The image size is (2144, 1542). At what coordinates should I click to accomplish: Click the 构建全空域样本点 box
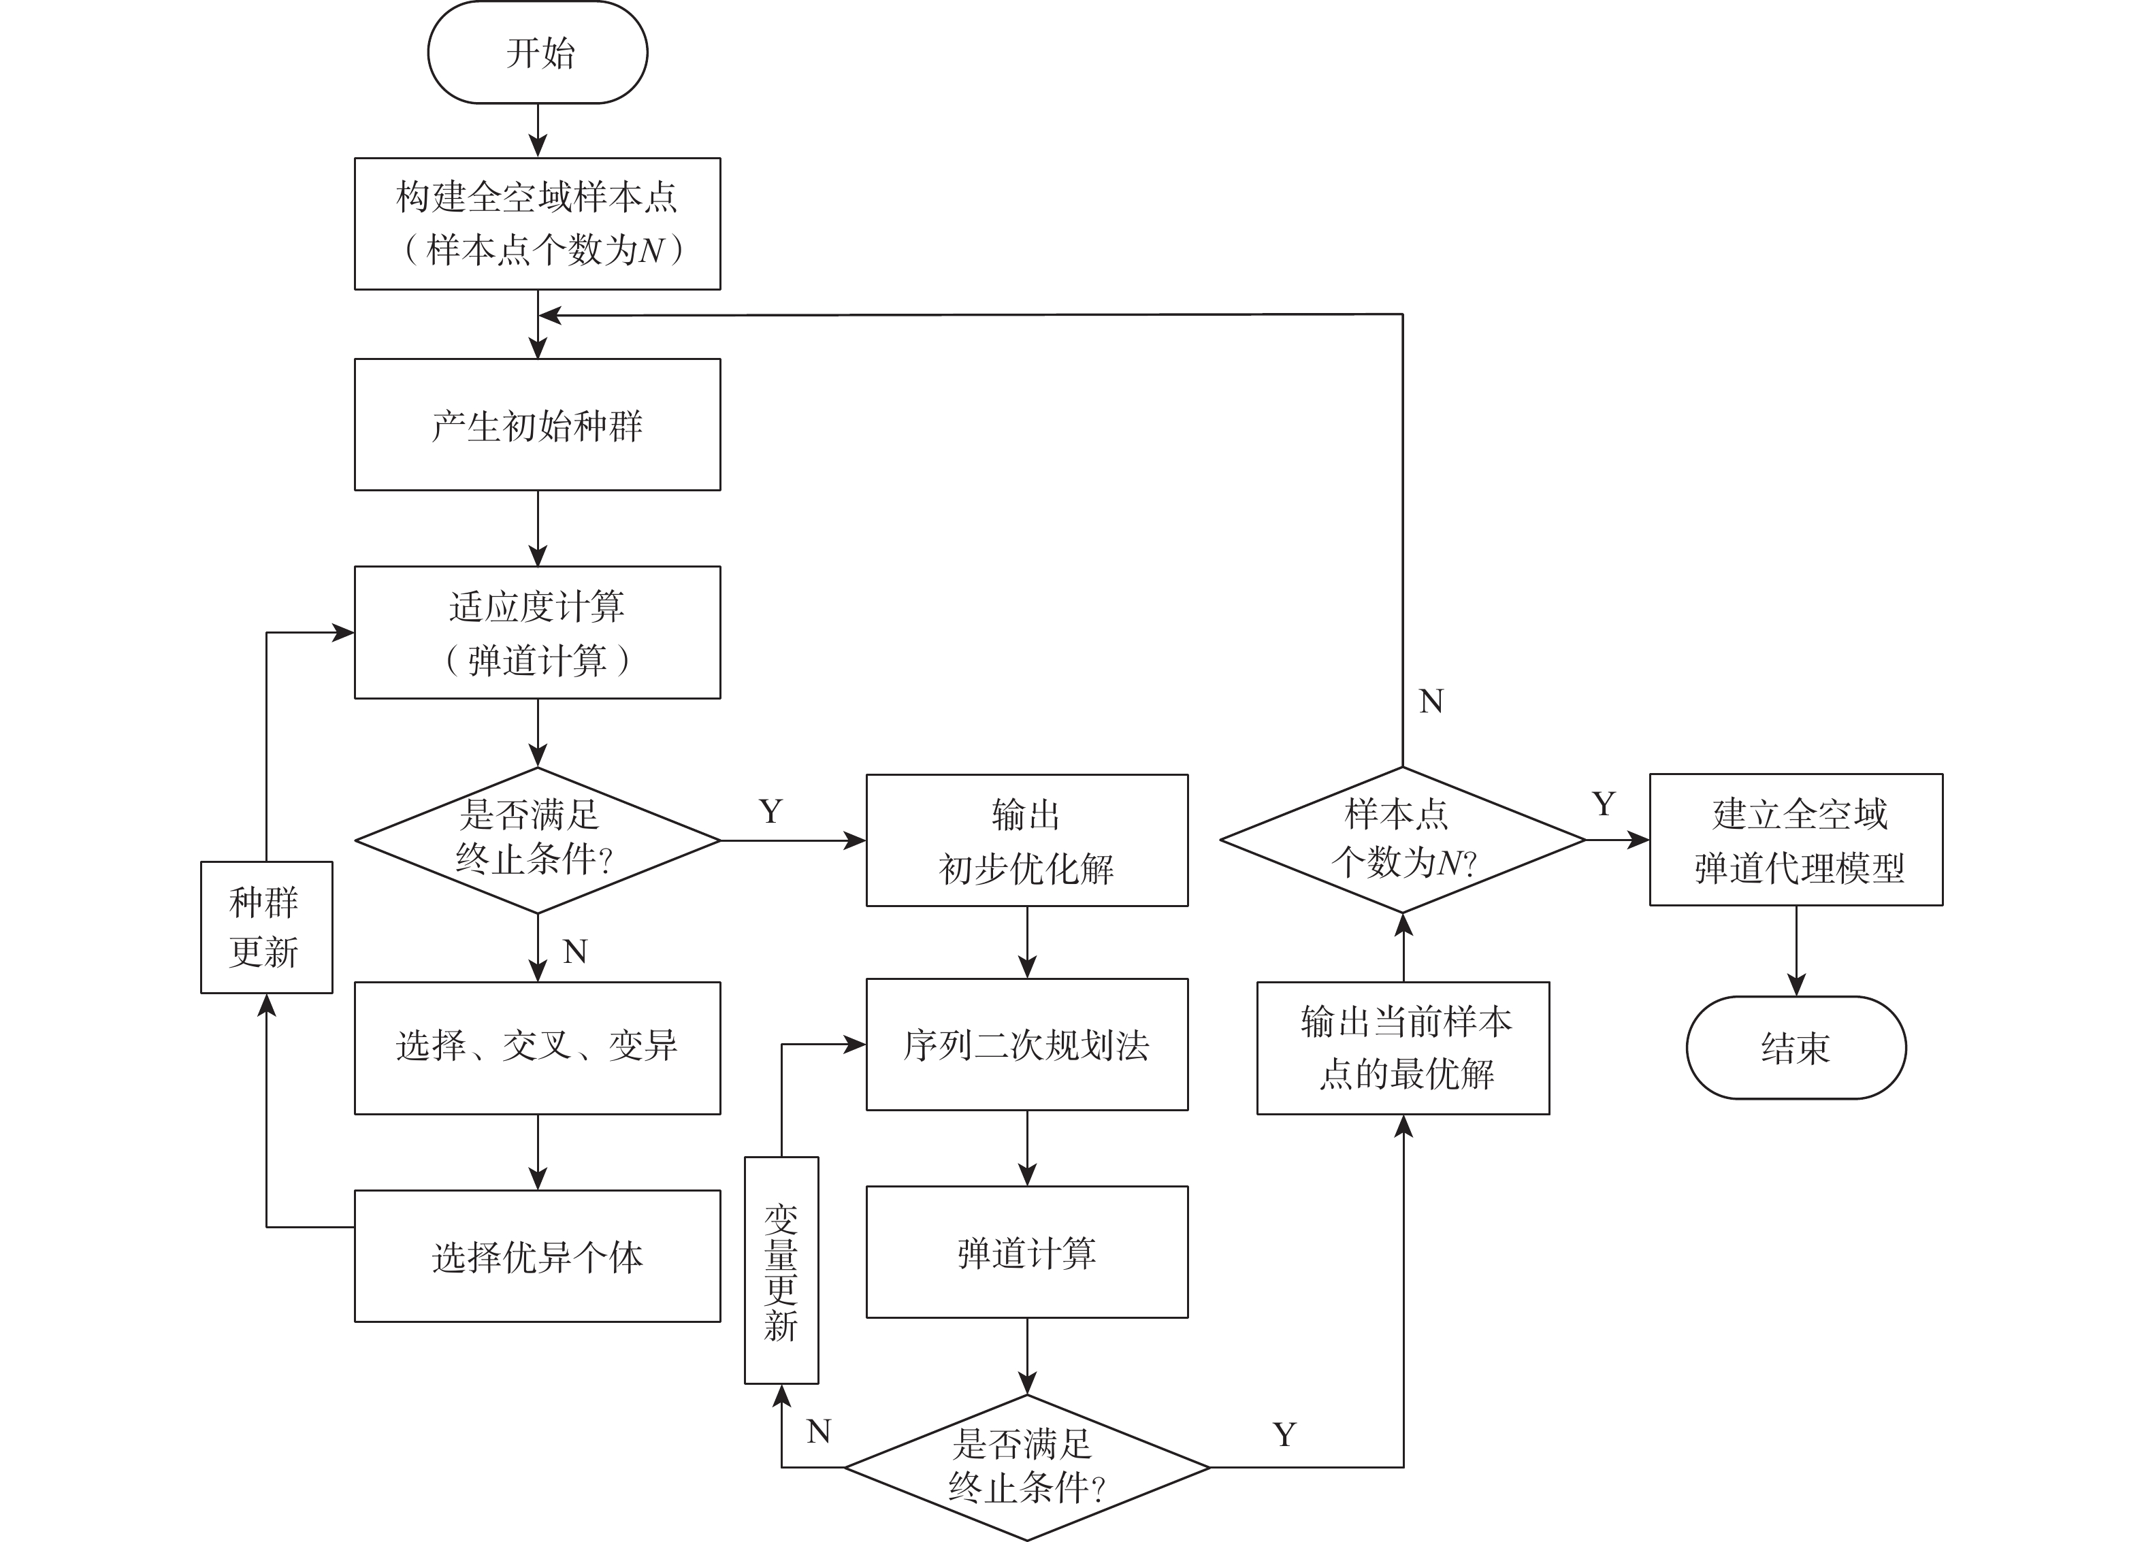(x=537, y=224)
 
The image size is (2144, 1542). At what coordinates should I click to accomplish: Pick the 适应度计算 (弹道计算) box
(x=537, y=632)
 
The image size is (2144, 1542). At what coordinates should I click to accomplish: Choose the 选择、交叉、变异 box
(x=537, y=1048)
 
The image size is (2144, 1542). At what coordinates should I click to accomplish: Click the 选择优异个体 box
(x=537, y=1256)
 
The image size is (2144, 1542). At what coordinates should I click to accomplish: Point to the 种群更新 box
(x=267, y=927)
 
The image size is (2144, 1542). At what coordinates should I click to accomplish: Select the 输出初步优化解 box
(x=1026, y=840)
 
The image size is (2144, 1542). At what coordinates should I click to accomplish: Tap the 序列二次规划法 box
(x=1026, y=1044)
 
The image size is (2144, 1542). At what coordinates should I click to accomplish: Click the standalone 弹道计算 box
(x=1026, y=1252)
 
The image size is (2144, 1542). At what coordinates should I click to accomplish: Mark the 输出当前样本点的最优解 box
(x=1403, y=1048)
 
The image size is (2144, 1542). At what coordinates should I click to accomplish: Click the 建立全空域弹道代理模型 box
(x=1796, y=840)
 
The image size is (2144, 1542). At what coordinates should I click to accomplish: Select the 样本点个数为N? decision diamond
(x=1403, y=840)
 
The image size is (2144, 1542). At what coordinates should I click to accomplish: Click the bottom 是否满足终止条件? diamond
(x=1026, y=1466)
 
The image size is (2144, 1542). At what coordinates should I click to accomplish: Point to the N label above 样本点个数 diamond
(x=1431, y=701)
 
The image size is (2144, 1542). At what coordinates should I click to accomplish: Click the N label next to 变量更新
(x=819, y=1432)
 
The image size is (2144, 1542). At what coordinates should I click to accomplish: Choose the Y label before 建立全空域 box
(x=1604, y=804)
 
